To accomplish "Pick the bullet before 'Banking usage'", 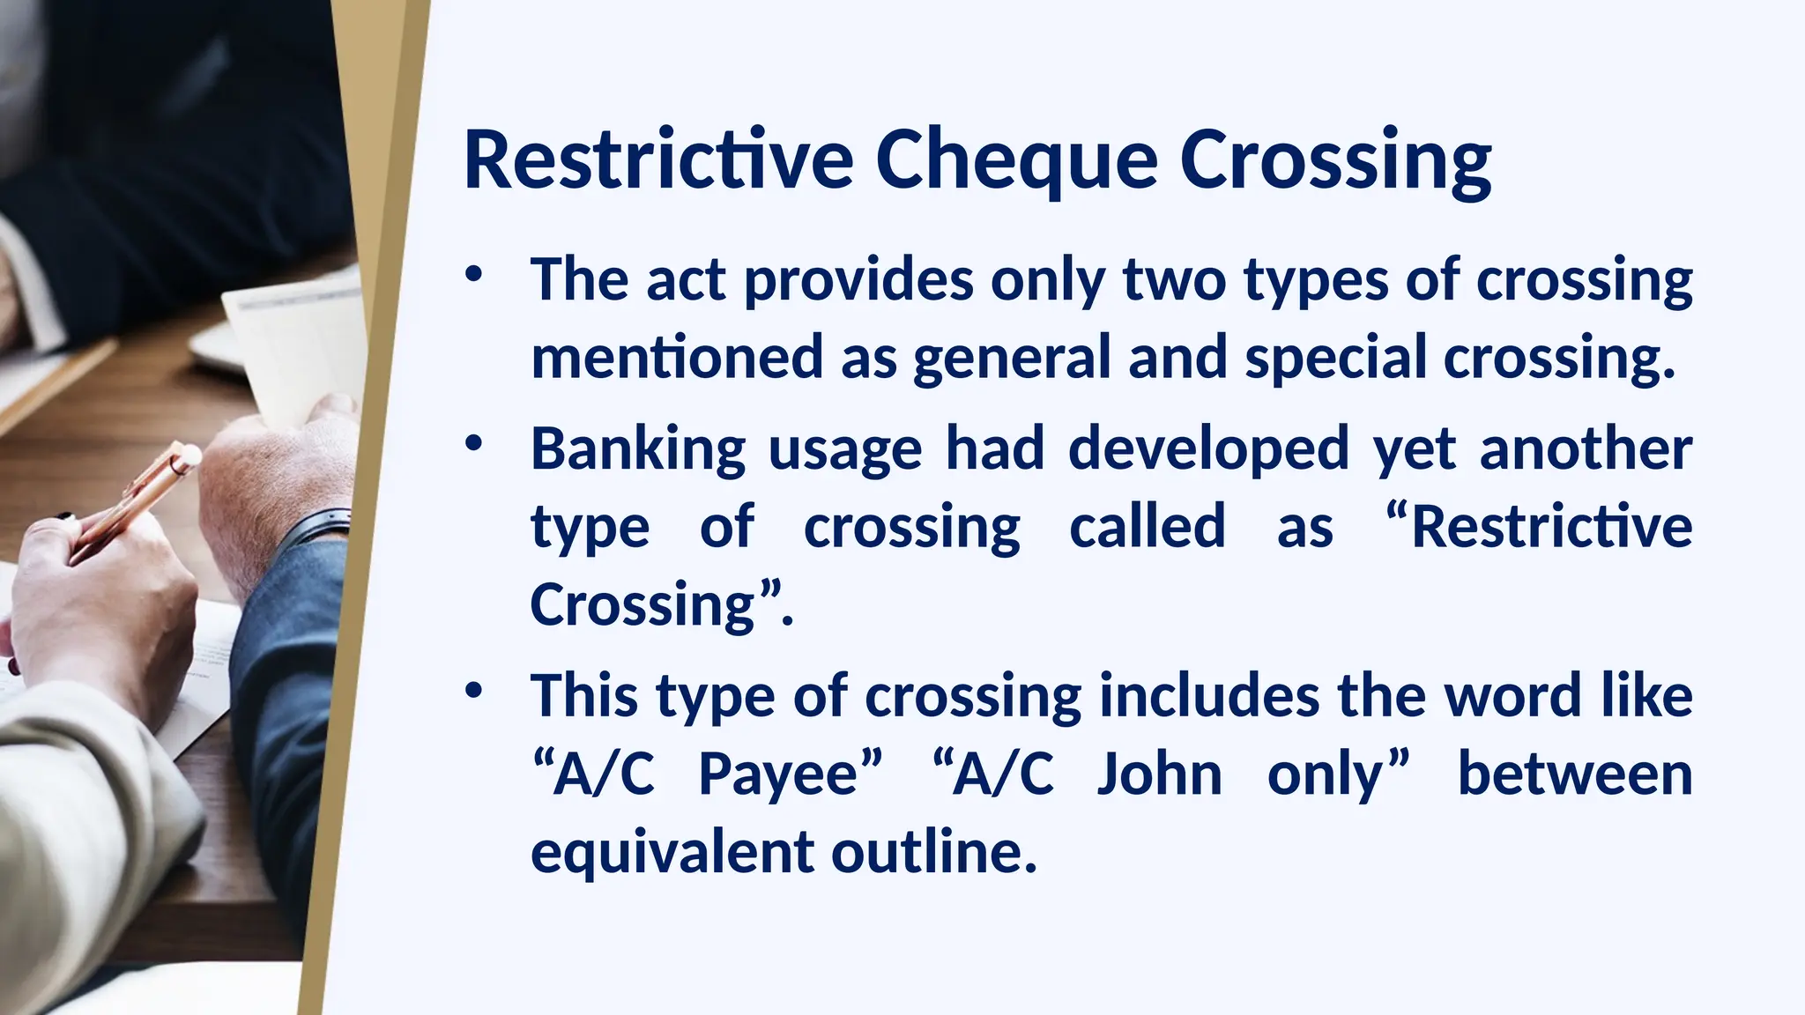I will [474, 443].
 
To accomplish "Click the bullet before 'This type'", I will [474, 691].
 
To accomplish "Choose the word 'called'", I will [1148, 526].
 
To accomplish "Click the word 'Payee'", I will [778, 775].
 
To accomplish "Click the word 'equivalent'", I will [672, 853].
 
